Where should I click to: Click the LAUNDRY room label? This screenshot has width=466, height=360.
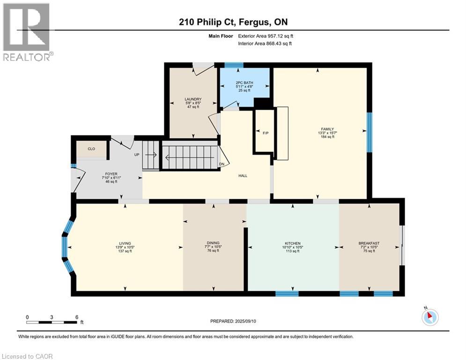coord(193,99)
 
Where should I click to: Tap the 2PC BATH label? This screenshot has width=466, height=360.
coord(244,82)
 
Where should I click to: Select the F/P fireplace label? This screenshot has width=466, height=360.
coord(266,133)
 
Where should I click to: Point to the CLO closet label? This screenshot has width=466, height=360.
coord(91,149)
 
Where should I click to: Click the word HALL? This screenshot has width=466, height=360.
coord(243,176)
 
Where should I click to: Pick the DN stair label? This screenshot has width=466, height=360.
coord(222,164)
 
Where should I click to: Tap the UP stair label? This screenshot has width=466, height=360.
coord(137,155)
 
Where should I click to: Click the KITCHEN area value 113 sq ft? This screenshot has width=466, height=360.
coord(293,251)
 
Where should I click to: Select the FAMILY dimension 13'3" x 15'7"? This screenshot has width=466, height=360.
coord(327,133)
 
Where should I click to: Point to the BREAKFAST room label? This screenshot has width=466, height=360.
coord(369,243)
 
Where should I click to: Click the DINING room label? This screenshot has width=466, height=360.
coord(213,243)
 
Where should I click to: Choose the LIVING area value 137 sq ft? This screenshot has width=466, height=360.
coord(125,251)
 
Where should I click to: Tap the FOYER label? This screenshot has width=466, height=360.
coord(111,174)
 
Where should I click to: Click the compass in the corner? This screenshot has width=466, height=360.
coord(430,317)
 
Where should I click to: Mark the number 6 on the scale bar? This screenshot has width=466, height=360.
coord(77,317)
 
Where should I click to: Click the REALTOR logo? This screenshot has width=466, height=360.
coord(27,32)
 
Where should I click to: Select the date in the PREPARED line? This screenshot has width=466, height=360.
coord(245,321)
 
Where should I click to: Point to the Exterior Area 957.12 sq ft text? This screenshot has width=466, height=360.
coord(266,36)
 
